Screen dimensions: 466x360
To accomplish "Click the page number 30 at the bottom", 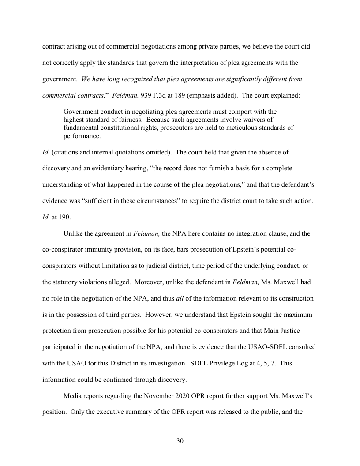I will click(180, 441).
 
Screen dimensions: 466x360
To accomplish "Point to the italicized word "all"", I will click(180, 299).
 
